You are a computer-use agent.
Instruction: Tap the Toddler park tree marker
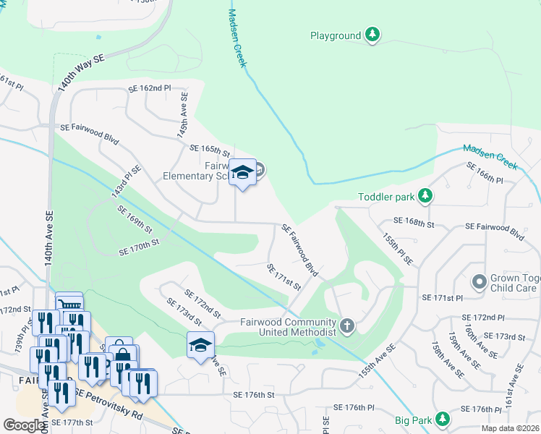point(426,196)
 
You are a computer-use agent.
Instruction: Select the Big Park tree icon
point(443,420)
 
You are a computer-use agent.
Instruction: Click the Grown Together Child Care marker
point(479,281)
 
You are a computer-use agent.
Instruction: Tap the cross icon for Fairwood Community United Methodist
point(347,325)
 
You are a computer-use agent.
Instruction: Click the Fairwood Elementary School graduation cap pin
point(243,172)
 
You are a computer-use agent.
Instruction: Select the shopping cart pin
point(70,305)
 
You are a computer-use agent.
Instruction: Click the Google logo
point(24,425)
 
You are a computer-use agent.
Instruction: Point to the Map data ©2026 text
point(510,428)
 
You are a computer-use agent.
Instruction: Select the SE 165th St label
point(209,150)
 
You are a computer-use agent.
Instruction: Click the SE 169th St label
point(135,218)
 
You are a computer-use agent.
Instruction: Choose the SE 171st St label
point(284,277)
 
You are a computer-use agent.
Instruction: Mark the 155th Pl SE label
point(399,248)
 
